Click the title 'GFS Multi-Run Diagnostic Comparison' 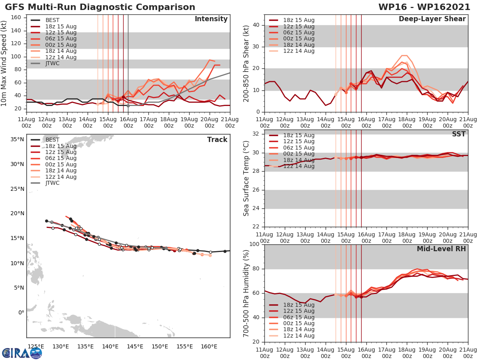[x=100, y=7]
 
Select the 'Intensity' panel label [x=211, y=19]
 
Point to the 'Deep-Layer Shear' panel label [x=432, y=19]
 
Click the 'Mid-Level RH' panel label [x=441, y=249]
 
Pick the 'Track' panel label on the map [x=217, y=140]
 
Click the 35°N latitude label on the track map [x=17, y=140]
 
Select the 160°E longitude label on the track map [x=209, y=346]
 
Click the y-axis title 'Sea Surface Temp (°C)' [x=246, y=178]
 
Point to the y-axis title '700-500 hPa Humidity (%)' [x=246, y=293]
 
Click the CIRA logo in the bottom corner [x=22, y=353]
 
